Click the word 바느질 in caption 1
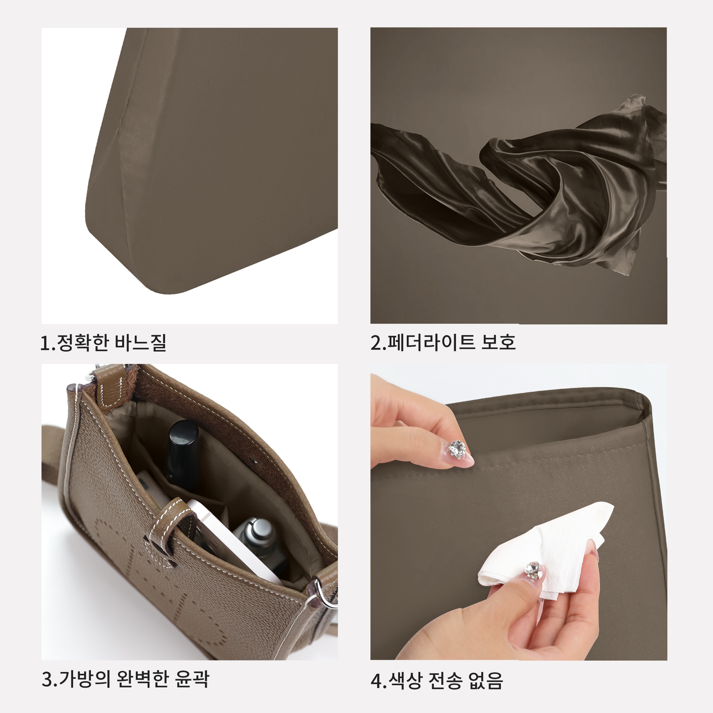tap(141, 343)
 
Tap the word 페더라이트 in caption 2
tap(431, 342)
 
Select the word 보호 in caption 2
tap(498, 342)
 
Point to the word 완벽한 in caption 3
tap(143, 679)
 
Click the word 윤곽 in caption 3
tap(192, 679)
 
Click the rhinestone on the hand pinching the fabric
tap(457, 449)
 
